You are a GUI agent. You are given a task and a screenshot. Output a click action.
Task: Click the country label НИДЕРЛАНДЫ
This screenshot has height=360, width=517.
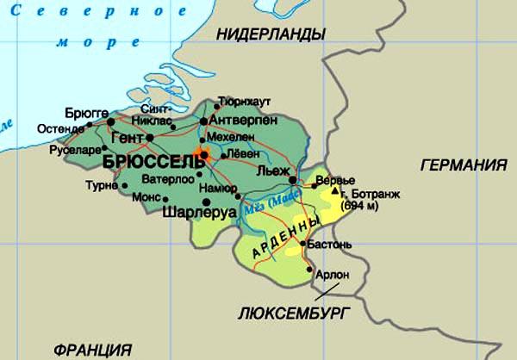pyautogui.click(x=271, y=34)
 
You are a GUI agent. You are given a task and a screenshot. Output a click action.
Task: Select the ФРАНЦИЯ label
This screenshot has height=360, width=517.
pyautogui.click(x=92, y=351)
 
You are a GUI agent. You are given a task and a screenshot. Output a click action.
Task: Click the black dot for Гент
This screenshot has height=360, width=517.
pyautogui.click(x=150, y=137)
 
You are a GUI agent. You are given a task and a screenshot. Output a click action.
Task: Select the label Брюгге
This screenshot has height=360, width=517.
pyautogui.click(x=87, y=113)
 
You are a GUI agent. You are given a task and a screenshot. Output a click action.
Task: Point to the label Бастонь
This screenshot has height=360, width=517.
pyautogui.click(x=329, y=245)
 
